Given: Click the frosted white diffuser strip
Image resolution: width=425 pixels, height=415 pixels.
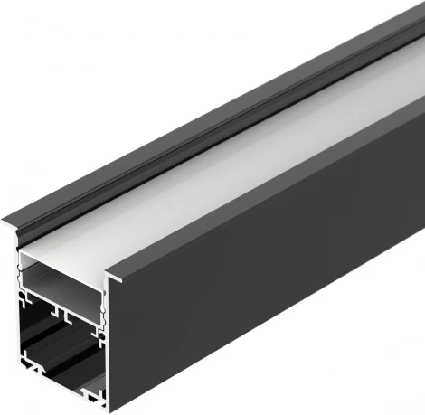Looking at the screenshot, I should coord(226,181).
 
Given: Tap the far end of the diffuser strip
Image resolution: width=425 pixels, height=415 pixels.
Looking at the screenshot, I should coord(398,86).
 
